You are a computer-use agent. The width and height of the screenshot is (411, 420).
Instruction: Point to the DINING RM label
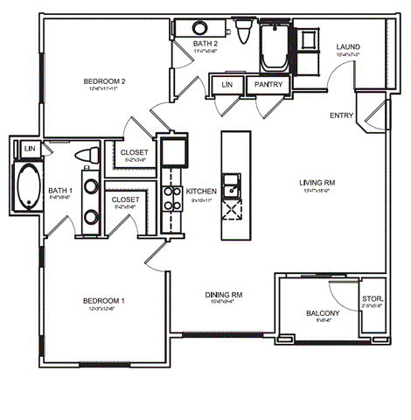coord(224,295)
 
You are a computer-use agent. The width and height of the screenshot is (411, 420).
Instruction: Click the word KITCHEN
coord(201,191)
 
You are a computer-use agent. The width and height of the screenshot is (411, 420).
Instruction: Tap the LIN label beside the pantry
coord(227,85)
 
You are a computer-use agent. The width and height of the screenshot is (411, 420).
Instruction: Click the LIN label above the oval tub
coord(29,149)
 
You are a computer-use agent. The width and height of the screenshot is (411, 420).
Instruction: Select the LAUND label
coord(348,47)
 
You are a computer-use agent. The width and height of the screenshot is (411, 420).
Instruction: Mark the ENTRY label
coord(342,115)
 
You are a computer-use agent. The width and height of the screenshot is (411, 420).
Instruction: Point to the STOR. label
coord(371,299)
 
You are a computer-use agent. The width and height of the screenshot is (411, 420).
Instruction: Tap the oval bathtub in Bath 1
coord(27,187)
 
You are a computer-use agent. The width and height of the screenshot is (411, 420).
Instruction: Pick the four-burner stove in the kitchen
coord(233,210)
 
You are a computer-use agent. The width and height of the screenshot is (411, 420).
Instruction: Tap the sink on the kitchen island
coord(232,185)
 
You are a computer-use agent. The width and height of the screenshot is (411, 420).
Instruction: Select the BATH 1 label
coord(59,190)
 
